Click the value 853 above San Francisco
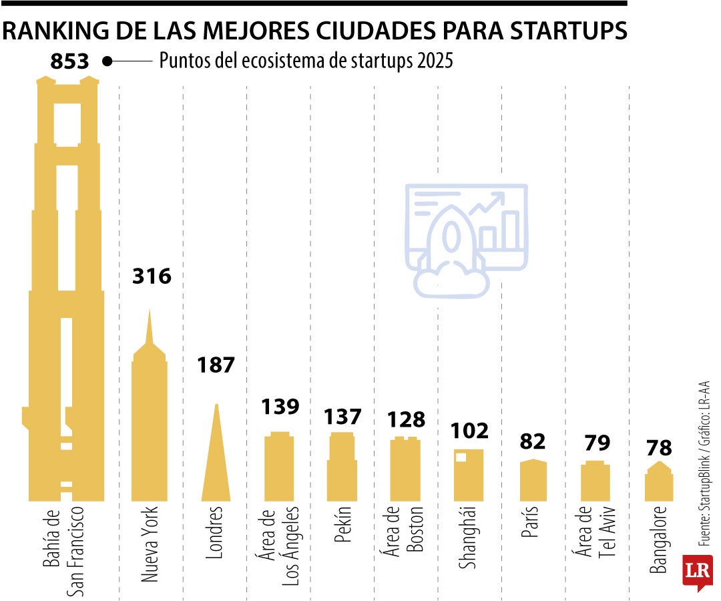(69, 62)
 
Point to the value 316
(152, 276)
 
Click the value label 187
(216, 365)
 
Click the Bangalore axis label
(658, 541)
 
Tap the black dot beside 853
(107, 61)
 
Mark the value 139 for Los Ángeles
(280, 407)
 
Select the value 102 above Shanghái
(470, 431)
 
